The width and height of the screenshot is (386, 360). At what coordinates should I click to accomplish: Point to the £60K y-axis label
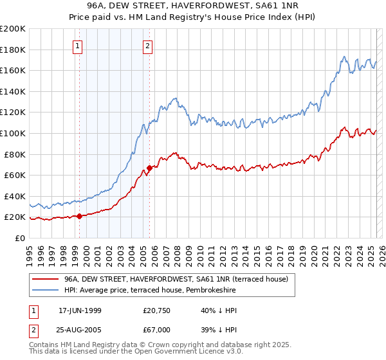point(15,175)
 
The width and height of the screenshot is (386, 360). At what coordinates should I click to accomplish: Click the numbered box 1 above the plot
point(78,46)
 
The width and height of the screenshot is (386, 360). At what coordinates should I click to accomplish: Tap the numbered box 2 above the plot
point(148,46)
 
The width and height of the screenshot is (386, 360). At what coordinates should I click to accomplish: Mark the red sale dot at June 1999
point(80,216)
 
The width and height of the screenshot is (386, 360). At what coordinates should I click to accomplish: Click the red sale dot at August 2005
point(150,168)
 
